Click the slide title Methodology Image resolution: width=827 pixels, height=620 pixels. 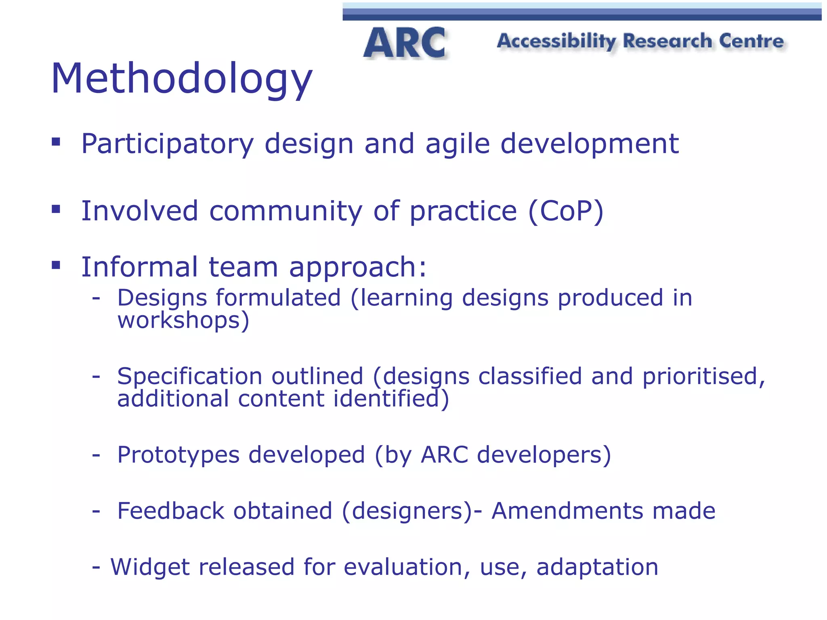pyautogui.click(x=181, y=79)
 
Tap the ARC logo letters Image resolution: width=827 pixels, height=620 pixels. pyautogui.click(x=404, y=43)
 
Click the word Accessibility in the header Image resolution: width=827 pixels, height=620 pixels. pyautogui.click(x=556, y=42)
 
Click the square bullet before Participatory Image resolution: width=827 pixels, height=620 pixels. pyautogui.click(x=56, y=142)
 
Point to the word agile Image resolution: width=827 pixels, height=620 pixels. pyautogui.click(x=458, y=144)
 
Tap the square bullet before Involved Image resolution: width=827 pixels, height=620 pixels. pyautogui.click(x=56, y=209)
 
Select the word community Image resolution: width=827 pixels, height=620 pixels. pyautogui.click(x=285, y=212)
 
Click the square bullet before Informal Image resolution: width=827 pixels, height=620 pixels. pyautogui.click(x=56, y=265)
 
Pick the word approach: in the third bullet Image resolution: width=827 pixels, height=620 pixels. pyautogui.click(x=358, y=268)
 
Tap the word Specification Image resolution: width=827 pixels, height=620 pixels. pyautogui.click(x=189, y=377)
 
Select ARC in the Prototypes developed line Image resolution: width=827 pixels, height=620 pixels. pyautogui.click(x=444, y=455)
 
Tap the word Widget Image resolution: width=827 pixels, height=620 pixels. pyautogui.click(x=150, y=567)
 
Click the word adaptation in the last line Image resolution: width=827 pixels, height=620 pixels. pyautogui.click(x=597, y=567)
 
